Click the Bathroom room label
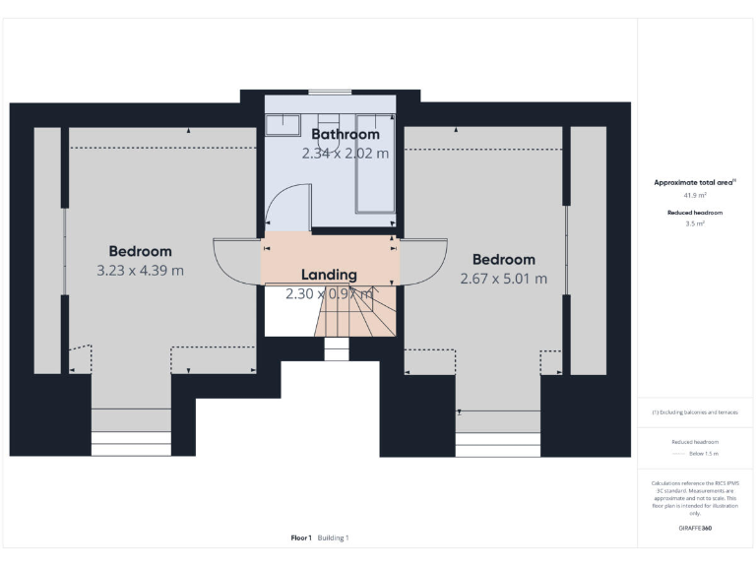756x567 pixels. (x=345, y=134)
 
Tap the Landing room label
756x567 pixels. (x=330, y=275)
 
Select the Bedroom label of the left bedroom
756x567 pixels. (x=140, y=251)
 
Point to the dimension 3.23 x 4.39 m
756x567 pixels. (x=140, y=270)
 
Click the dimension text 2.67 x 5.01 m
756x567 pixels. (x=503, y=279)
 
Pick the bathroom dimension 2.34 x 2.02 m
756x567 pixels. (x=345, y=153)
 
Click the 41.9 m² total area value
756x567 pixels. (x=695, y=196)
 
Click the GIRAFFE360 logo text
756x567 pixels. (x=695, y=529)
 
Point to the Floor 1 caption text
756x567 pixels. (x=301, y=537)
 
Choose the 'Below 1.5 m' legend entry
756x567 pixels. (x=695, y=454)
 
